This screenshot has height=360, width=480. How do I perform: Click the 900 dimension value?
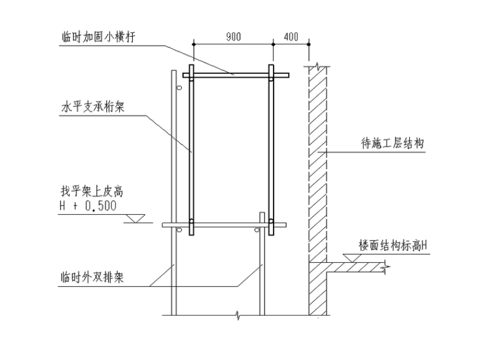pyautogui.click(x=233, y=37)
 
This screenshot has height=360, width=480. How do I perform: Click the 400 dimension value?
pyautogui.click(x=291, y=37)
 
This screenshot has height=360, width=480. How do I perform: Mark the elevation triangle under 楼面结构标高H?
pyautogui.click(x=350, y=258)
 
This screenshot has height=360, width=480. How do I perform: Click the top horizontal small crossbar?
pyautogui.click(x=236, y=75)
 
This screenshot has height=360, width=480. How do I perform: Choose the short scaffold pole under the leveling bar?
pyautogui.click(x=261, y=272)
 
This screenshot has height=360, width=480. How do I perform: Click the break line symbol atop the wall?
pyautogui.click(x=316, y=64)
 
